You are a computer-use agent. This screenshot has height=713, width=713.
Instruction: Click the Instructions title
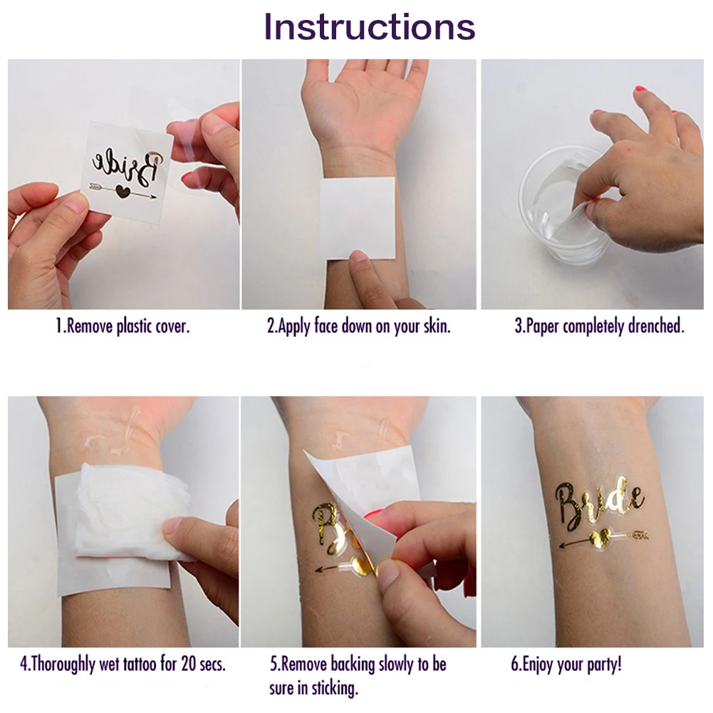(369, 27)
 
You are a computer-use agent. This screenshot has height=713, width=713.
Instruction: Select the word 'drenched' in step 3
(656, 326)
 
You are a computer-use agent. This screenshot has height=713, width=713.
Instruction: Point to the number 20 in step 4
(189, 664)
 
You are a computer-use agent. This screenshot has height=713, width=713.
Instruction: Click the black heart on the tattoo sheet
(121, 191)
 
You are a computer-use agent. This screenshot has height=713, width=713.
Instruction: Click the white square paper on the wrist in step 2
(358, 218)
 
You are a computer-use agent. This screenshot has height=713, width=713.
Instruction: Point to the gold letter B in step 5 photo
(325, 525)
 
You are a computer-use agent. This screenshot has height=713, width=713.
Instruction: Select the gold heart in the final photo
(599, 539)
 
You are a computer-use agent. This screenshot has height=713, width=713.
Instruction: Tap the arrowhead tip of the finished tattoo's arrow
(560, 545)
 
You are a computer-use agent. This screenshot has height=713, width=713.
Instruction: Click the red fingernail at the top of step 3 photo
(641, 88)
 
